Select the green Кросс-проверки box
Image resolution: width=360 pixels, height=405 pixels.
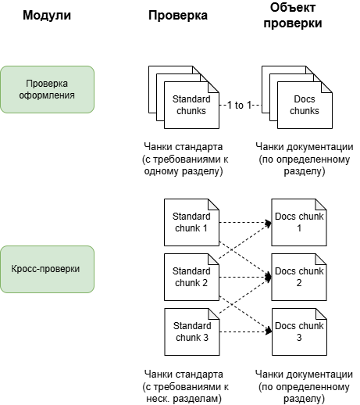coord(48,269)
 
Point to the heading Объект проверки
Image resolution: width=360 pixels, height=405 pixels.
coord(297,16)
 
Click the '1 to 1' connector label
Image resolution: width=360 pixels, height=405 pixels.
coord(239,105)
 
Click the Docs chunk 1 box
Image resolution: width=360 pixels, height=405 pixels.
coord(298,221)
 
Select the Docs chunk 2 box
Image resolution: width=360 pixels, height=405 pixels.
coord(298,277)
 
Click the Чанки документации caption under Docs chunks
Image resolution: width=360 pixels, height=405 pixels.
coord(305,159)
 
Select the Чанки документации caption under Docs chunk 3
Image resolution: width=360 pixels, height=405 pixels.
coord(305,386)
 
